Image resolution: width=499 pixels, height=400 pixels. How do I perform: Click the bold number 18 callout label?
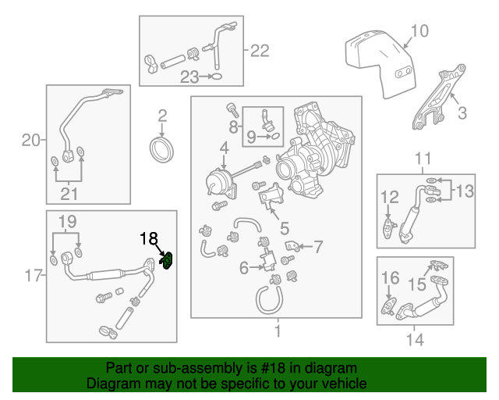pos(149,240)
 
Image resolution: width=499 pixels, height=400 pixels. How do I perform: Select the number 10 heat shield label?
pos(419,31)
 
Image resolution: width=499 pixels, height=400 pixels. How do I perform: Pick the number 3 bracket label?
pos(462,113)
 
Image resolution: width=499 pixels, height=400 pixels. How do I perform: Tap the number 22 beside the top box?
pos(259,51)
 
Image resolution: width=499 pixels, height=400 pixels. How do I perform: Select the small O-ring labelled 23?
pos(218,77)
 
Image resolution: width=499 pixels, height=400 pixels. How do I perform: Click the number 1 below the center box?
pos(276,332)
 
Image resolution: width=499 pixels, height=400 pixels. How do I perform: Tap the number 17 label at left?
pos(31,275)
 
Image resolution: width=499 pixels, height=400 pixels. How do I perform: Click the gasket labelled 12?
pos(388,227)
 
